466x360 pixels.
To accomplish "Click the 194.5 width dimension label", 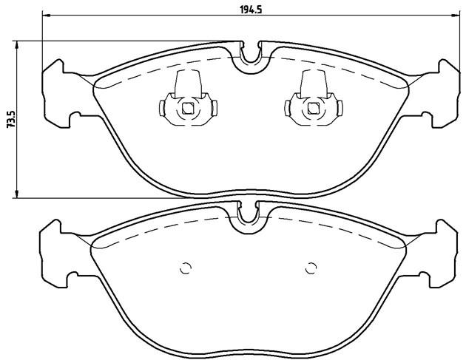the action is click(250, 10).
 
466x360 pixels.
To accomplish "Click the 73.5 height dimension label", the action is click(10, 120).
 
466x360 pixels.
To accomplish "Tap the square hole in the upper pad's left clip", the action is click(188, 108).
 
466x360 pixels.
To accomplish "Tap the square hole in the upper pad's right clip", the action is click(313, 108).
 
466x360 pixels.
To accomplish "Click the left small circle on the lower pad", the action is click(186, 268).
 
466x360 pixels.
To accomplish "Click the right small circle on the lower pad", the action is click(311, 268).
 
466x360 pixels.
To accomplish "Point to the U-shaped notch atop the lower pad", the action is click(248, 220).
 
